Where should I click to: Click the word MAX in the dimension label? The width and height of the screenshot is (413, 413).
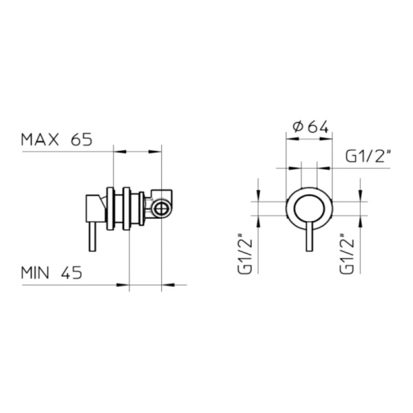tap(40, 140)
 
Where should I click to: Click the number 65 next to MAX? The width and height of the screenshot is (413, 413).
tap(82, 140)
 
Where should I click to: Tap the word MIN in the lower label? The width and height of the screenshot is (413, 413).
tap(35, 273)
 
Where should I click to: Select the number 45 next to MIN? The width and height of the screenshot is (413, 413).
tap(72, 273)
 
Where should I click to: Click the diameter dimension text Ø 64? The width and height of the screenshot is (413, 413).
tap(310, 127)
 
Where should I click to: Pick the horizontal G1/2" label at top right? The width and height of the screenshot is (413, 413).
tap(368, 156)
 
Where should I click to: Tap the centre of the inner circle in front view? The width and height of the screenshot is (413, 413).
tap(310, 209)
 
